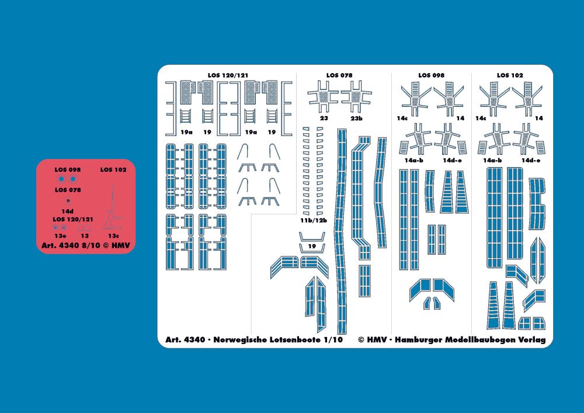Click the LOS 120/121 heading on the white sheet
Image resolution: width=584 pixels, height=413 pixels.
(x=228, y=75)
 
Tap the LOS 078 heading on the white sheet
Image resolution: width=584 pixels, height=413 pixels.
(x=339, y=75)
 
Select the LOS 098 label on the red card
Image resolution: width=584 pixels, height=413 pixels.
(x=67, y=170)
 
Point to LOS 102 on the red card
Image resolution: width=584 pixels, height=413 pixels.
(x=113, y=170)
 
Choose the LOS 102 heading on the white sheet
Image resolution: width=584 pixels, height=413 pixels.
(x=510, y=75)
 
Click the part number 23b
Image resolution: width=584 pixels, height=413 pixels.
(x=356, y=119)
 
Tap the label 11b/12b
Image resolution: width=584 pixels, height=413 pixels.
(x=314, y=220)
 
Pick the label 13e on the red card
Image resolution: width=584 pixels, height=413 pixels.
(x=60, y=236)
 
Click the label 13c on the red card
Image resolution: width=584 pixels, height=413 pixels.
(x=114, y=236)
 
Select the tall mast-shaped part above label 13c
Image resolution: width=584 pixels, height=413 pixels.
(x=113, y=209)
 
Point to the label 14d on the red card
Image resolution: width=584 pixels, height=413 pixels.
(x=67, y=211)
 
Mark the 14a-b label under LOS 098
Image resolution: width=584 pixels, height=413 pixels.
(x=414, y=161)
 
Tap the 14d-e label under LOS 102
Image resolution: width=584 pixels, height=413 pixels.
(x=531, y=161)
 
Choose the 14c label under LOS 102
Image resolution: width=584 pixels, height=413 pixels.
(x=481, y=119)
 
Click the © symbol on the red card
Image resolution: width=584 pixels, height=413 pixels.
(x=106, y=245)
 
